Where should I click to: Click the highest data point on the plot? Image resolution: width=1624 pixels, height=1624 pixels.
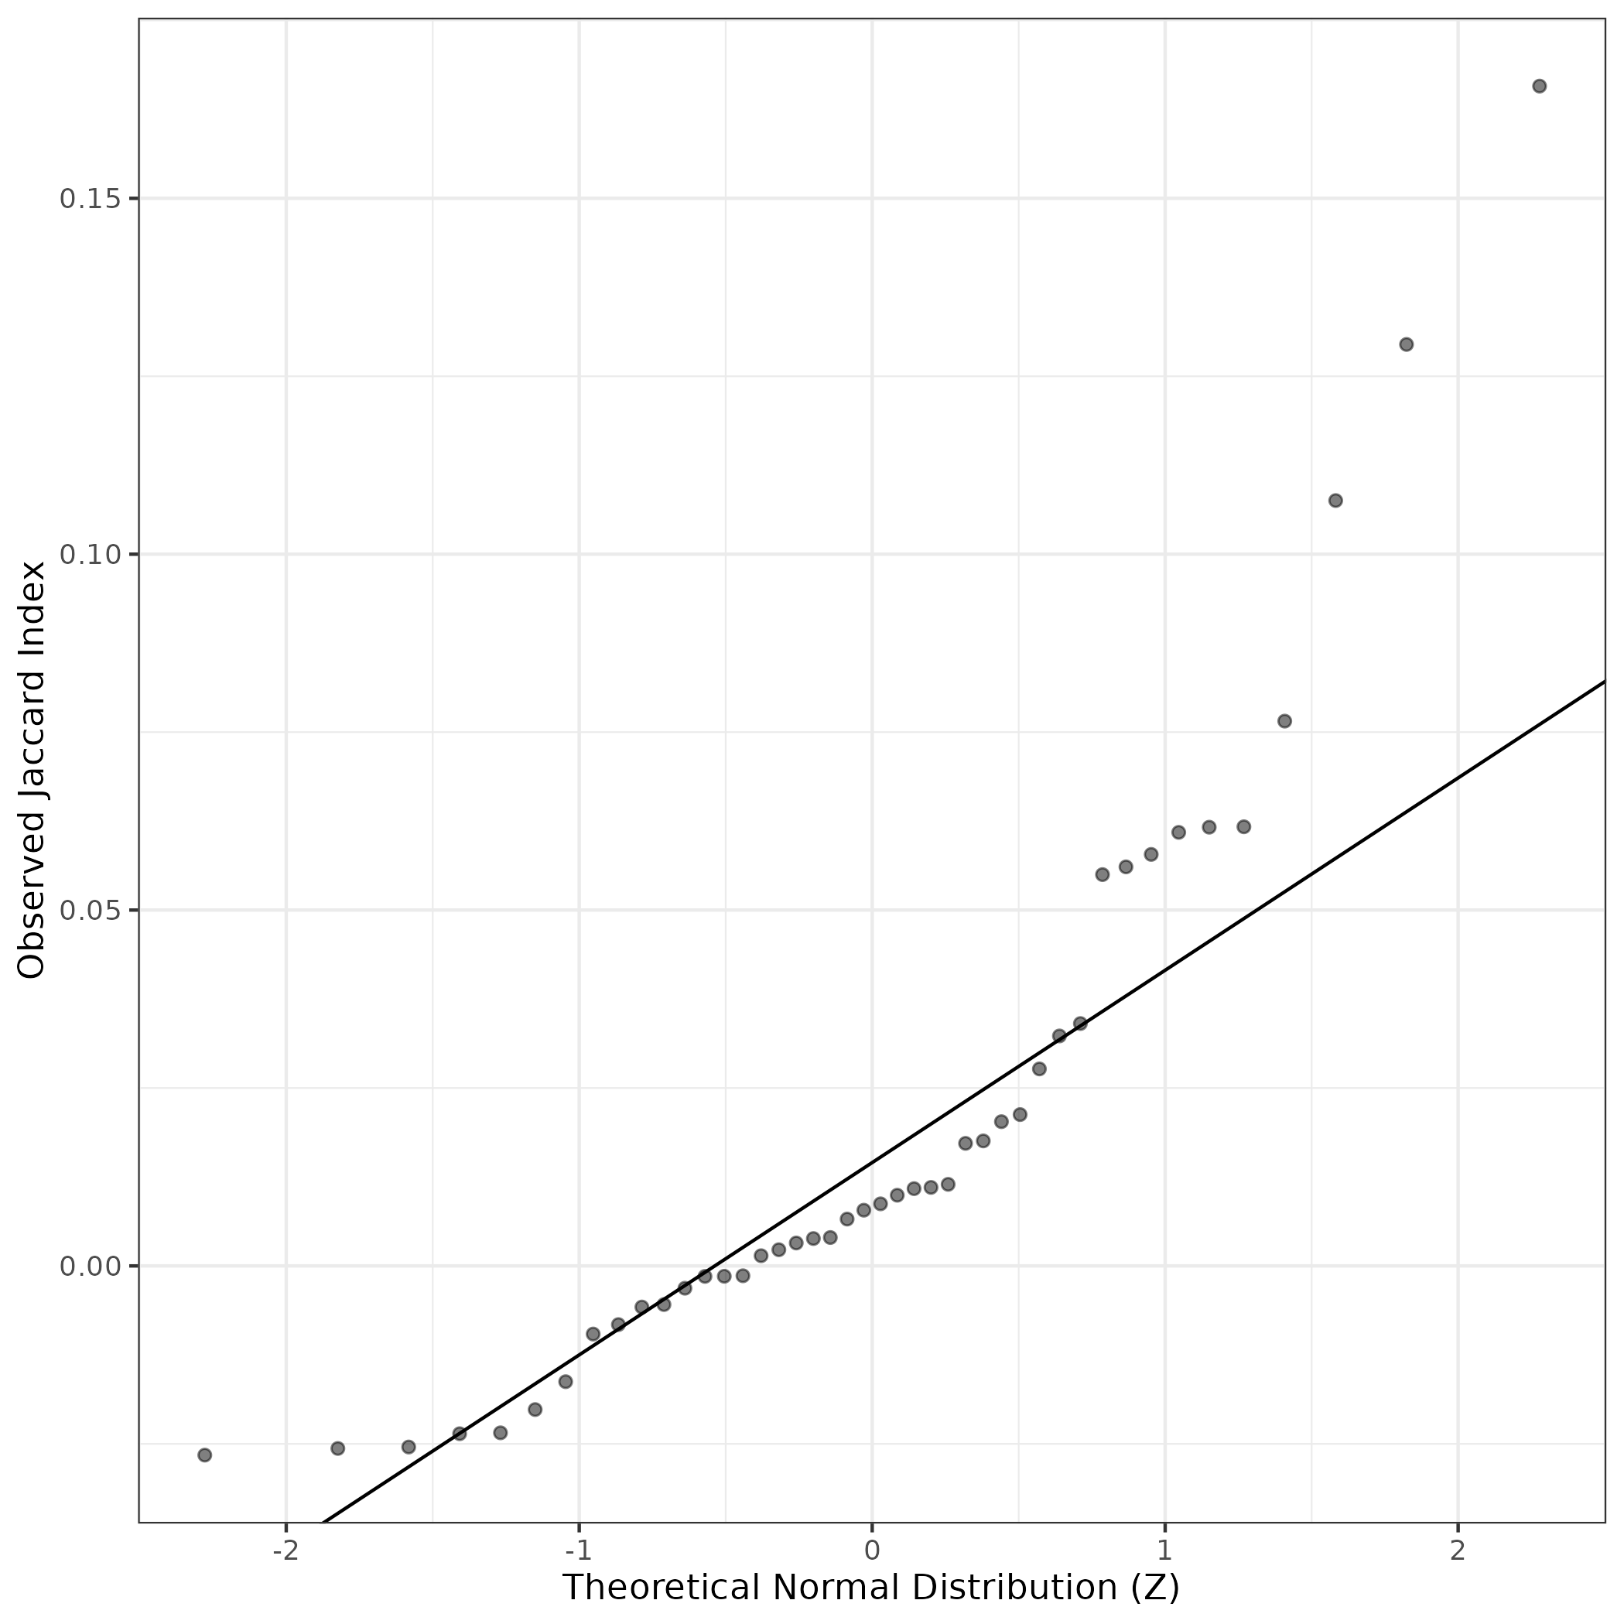1539,86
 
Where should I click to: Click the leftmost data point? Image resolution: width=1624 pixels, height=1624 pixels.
204,1455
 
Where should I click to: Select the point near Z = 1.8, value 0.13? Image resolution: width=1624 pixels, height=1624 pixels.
1407,344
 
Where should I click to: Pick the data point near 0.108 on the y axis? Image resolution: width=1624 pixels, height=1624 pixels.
1335,500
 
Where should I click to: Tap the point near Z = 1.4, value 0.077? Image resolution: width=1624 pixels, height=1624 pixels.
1284,721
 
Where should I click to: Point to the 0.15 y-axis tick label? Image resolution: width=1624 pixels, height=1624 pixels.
87,199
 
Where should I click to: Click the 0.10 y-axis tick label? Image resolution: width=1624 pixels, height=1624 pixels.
87,555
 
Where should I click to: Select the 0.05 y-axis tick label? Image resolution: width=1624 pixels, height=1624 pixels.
87,911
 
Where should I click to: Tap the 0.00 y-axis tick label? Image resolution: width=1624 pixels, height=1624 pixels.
87,1266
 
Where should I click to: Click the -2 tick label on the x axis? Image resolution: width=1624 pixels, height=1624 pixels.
285,1550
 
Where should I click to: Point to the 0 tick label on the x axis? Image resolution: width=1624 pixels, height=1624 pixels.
872,1550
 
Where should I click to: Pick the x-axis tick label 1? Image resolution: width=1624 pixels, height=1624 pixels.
1164,1550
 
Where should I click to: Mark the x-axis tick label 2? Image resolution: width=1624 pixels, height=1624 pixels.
1458,1550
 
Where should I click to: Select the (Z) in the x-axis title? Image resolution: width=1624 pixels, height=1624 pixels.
1156,1587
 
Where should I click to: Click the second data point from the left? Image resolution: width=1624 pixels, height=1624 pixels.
338,1448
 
